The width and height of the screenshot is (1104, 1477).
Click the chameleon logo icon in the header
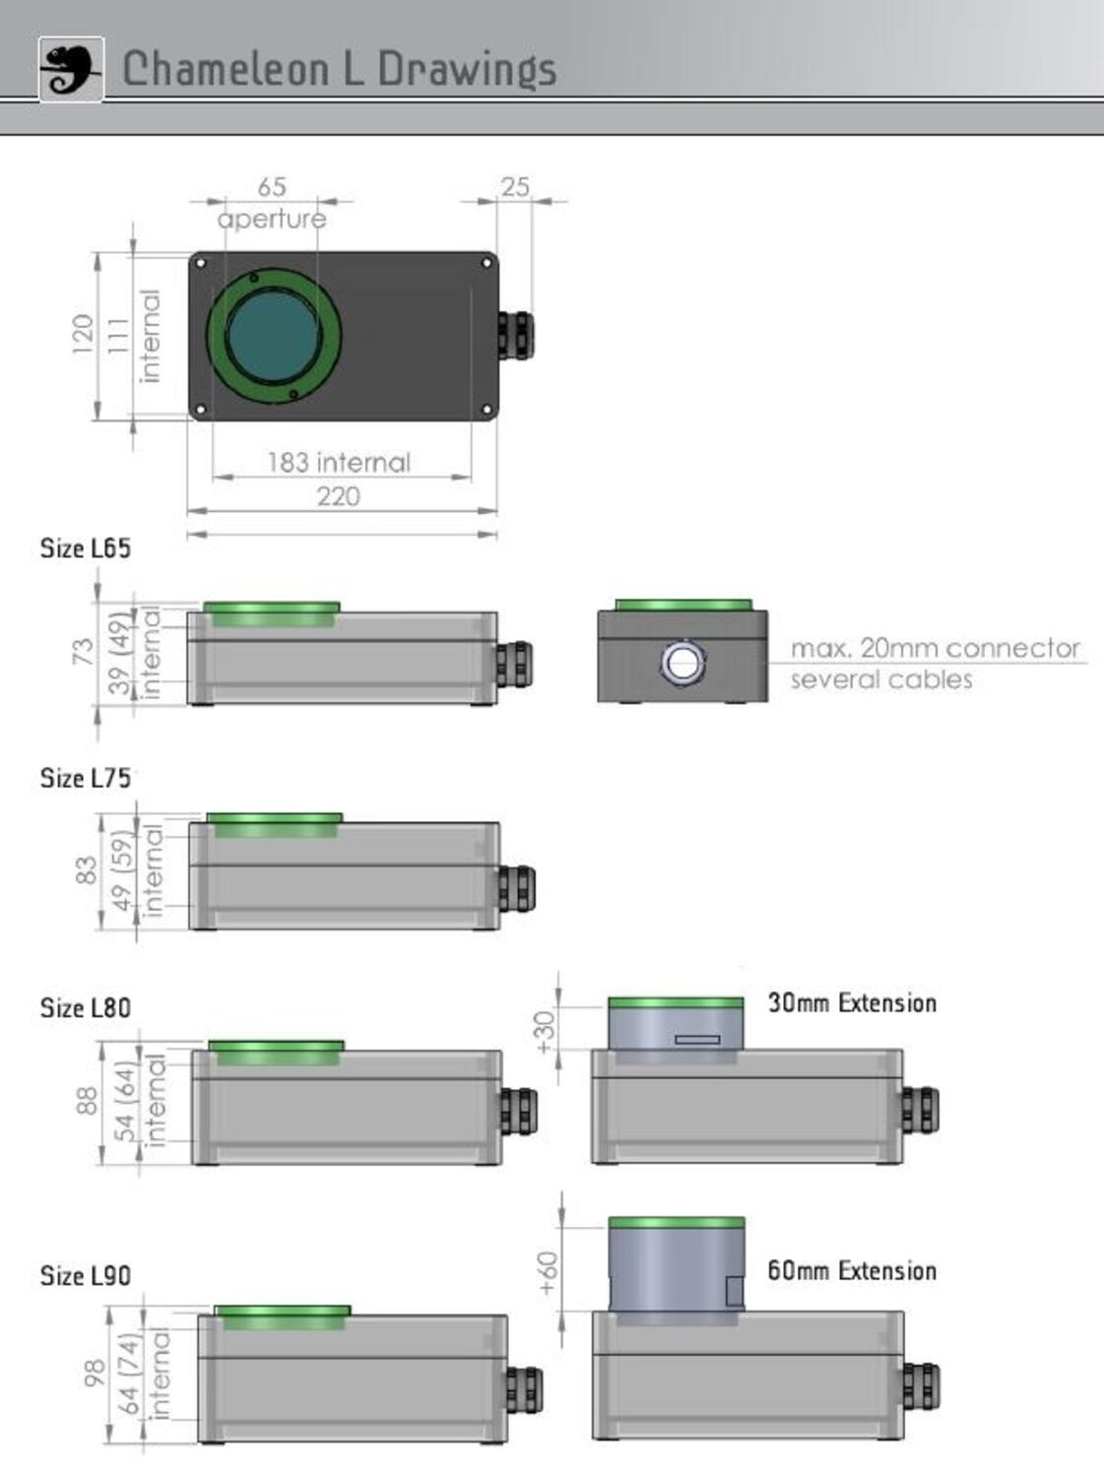71,69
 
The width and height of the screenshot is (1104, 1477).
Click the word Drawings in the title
467,70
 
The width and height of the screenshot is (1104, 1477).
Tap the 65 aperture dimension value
272,186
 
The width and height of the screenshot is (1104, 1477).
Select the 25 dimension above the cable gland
514,186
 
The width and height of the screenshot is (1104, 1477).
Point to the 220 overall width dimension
338,496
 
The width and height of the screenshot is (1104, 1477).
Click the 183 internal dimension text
338,462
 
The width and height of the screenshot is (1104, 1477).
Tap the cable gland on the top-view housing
515,335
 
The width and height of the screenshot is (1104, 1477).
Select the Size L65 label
85,548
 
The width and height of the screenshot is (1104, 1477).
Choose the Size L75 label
85,778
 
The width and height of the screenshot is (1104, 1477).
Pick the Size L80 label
85,1008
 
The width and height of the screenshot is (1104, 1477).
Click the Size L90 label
85,1276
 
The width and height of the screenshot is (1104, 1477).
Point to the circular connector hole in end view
682,662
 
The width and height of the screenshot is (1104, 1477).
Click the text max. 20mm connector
935,648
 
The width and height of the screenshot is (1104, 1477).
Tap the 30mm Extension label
852,1003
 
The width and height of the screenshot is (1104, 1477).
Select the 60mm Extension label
852,1270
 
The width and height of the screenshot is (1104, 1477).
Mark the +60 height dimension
549,1272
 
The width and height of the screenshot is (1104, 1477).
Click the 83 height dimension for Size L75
87,870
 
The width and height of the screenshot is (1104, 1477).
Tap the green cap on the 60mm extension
677,1223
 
